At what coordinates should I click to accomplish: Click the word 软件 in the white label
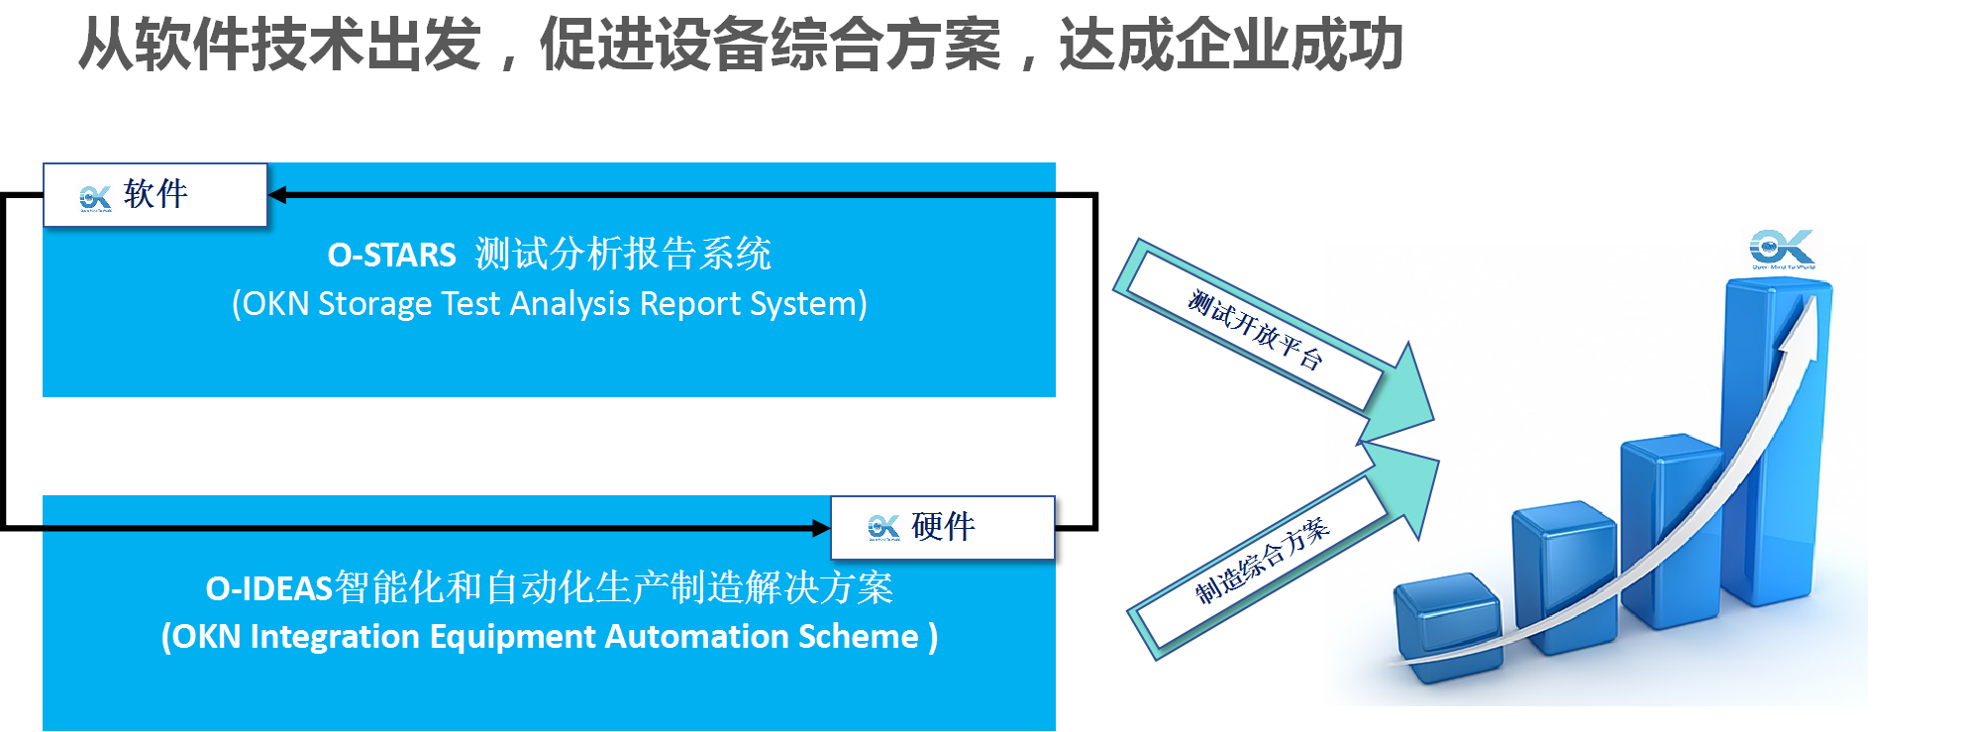[x=155, y=194]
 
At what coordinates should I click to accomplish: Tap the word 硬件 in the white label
[x=943, y=526]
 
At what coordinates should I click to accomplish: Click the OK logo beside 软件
[x=95, y=198]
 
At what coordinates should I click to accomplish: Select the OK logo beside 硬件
[x=882, y=528]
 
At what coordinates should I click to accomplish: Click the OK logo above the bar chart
[x=1782, y=248]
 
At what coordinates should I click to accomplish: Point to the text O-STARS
[x=391, y=256]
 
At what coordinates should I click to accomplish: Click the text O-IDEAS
[x=268, y=589]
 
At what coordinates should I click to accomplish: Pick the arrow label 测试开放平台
[x=1255, y=330]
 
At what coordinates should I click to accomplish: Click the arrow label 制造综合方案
[x=1262, y=562]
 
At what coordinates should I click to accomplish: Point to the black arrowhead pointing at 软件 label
[x=278, y=195]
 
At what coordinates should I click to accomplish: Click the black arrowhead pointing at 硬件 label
[x=820, y=528]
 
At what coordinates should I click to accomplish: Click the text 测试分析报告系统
[x=623, y=255]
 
